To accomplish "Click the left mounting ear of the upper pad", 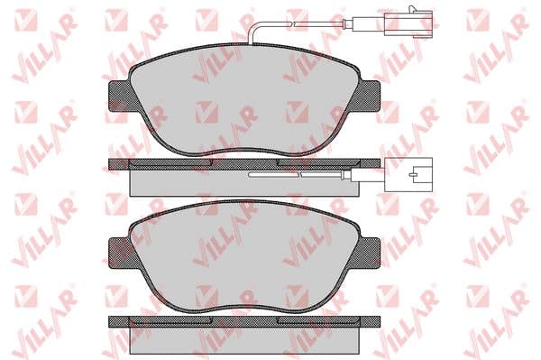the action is [x=119, y=96].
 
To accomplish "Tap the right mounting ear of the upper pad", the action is [x=370, y=96].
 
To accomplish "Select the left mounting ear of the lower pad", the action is [x=119, y=253].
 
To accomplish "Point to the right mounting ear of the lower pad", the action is [x=370, y=253].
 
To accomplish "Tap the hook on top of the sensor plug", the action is [x=414, y=9].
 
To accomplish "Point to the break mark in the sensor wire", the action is [x=292, y=23].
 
